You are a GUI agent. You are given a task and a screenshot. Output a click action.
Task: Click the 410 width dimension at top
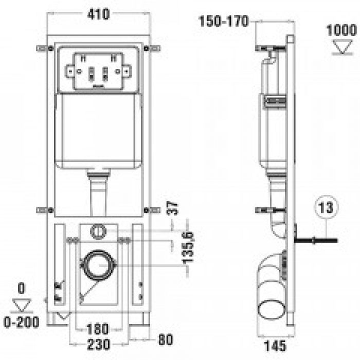click(x=99, y=14)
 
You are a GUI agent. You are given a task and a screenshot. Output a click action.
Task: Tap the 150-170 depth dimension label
click(x=224, y=21)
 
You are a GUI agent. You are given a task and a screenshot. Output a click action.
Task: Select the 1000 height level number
click(x=341, y=30)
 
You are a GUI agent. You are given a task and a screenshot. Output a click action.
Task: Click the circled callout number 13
click(x=326, y=207)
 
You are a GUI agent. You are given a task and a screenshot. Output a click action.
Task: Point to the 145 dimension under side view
click(x=275, y=346)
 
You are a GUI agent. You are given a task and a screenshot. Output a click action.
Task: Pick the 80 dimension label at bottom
click(x=165, y=339)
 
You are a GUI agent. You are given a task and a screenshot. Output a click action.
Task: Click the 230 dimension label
click(x=98, y=345)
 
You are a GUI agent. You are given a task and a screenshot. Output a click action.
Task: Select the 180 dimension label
click(x=97, y=329)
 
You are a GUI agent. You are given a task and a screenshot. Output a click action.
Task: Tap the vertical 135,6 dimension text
click(x=188, y=248)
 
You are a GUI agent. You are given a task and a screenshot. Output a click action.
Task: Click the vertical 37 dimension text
click(x=173, y=208)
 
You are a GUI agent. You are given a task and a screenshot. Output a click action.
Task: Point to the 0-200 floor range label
click(x=22, y=322)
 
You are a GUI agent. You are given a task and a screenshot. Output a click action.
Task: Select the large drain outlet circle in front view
click(x=98, y=265)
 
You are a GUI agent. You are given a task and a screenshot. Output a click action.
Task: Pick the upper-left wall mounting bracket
click(x=45, y=48)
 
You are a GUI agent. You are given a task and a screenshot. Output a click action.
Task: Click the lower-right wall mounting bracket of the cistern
click(x=152, y=210)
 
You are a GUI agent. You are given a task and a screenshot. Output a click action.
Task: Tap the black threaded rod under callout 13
click(x=316, y=241)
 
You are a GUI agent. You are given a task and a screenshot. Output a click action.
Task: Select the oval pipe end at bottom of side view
click(x=272, y=310)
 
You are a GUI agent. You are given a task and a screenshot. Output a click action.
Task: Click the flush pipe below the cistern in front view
click(x=99, y=193)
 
